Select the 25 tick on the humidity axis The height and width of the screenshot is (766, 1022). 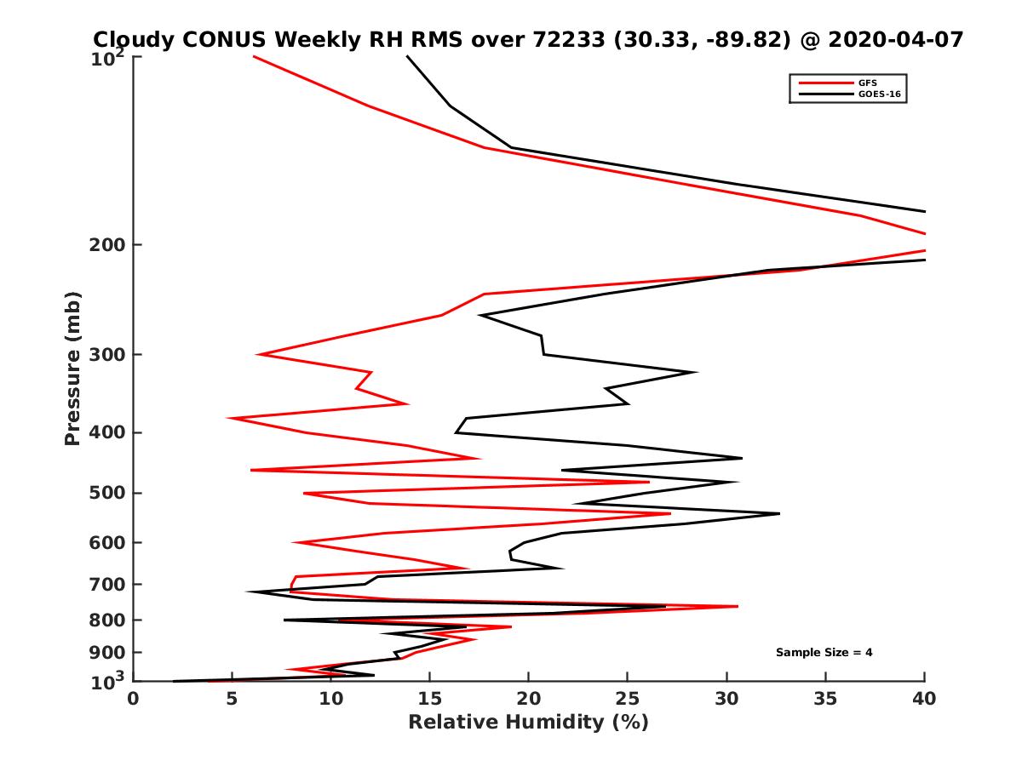pyautogui.click(x=628, y=699)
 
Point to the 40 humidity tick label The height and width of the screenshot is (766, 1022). pyautogui.click(x=924, y=699)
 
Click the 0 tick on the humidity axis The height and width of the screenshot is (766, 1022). pyautogui.click(x=134, y=699)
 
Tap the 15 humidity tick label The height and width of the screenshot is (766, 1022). pyautogui.click(x=430, y=699)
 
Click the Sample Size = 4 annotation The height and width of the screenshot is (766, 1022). pyautogui.click(x=824, y=653)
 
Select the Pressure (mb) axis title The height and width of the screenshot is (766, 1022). pyautogui.click(x=73, y=369)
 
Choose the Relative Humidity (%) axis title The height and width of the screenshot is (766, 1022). pyautogui.click(x=528, y=723)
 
